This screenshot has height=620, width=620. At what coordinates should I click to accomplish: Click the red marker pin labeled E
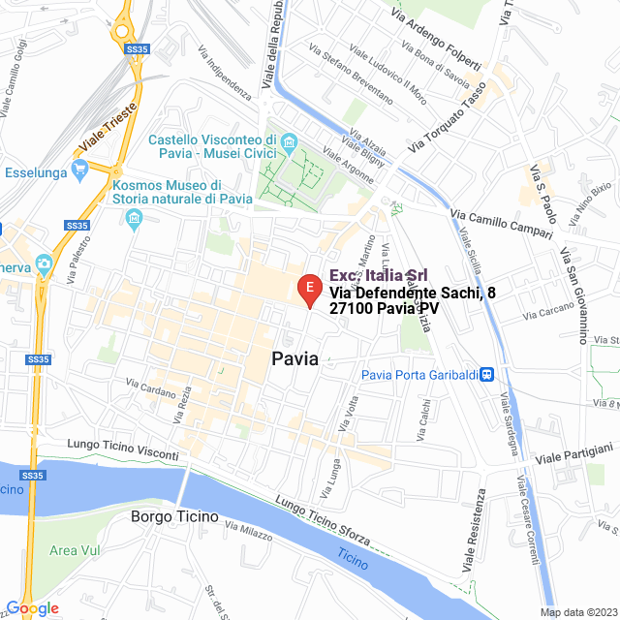tap(308, 289)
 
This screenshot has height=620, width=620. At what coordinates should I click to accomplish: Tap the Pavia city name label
tap(294, 358)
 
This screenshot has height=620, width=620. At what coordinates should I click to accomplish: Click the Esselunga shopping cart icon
tap(81, 169)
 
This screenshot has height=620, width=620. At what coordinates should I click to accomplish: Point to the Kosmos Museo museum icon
tap(134, 213)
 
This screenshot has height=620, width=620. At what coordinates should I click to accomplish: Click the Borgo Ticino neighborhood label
tap(174, 517)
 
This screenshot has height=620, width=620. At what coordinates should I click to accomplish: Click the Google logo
tap(32, 607)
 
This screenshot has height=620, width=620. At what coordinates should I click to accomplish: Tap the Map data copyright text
tap(576, 611)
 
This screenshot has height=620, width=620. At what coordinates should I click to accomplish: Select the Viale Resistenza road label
tap(474, 532)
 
